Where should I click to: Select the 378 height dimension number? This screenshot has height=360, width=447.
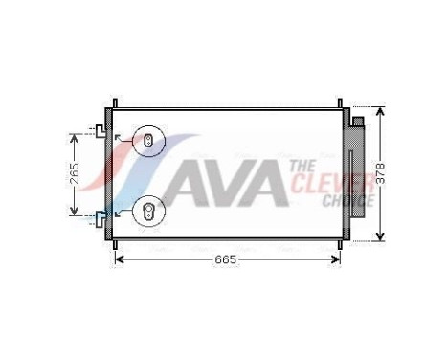pos(381,173)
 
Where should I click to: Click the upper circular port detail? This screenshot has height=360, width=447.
pos(148,143)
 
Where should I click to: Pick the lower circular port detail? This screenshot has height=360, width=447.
pos(148,212)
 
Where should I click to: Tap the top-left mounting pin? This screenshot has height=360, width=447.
pos(115,102)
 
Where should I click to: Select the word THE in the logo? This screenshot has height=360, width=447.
pos(303,167)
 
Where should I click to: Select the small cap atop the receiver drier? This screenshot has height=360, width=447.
pos(357,122)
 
